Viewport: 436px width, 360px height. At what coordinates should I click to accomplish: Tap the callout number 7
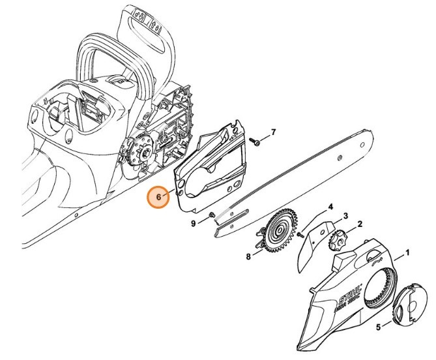(x=274, y=132)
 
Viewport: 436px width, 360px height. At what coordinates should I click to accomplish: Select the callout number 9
(x=194, y=224)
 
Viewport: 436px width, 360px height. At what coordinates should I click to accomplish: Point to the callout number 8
(x=248, y=257)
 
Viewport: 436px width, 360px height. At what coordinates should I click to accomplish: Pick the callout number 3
(x=345, y=216)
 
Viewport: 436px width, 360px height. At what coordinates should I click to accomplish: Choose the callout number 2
(x=360, y=225)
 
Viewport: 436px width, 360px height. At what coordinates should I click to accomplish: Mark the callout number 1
(x=407, y=251)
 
